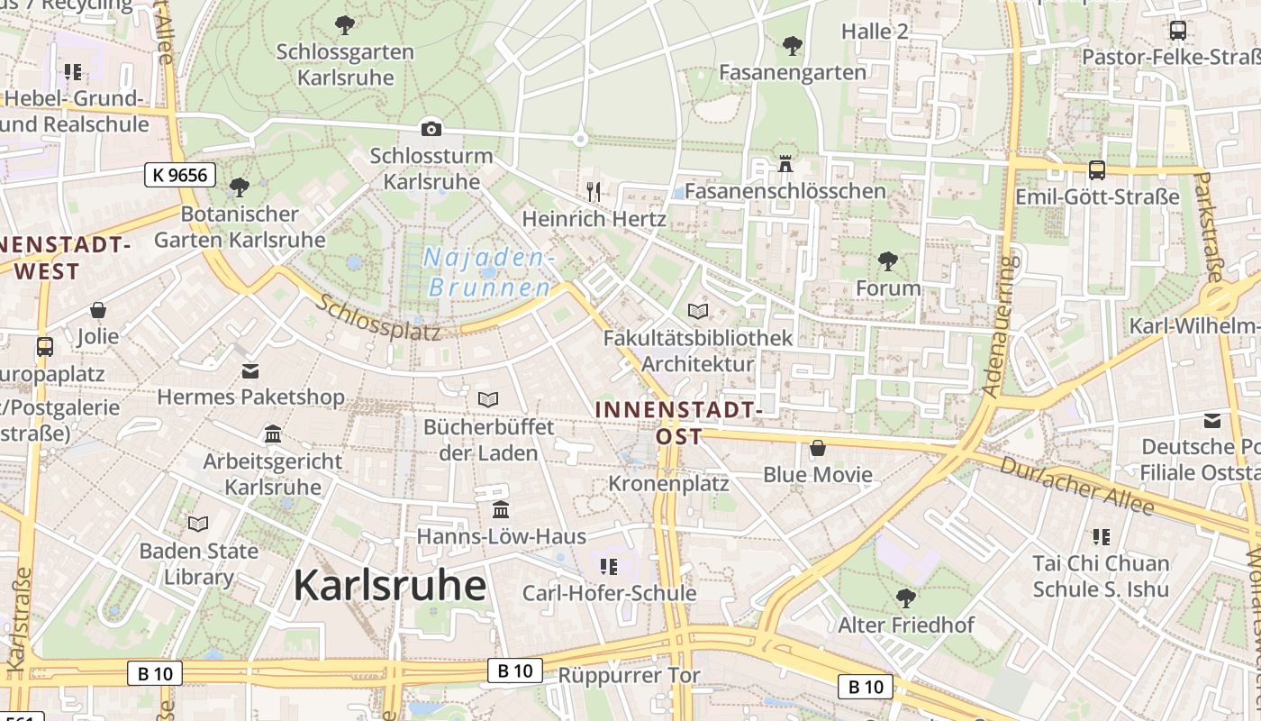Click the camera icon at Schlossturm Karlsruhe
431,129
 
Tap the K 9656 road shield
180,175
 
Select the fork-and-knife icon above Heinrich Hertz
594,191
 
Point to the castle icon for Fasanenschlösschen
785,164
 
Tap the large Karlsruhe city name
389,586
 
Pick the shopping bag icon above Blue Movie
818,448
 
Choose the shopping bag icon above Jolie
98,311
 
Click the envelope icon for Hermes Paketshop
250,370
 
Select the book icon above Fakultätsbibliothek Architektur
698,312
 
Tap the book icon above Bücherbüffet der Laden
488,399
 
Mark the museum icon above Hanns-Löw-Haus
501,510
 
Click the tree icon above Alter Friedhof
905,598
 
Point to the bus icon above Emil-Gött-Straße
1096,169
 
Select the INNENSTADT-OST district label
679,423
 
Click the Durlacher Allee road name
1077,485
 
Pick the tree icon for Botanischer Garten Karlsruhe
240,187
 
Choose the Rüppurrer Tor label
629,675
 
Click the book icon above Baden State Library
198,524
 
